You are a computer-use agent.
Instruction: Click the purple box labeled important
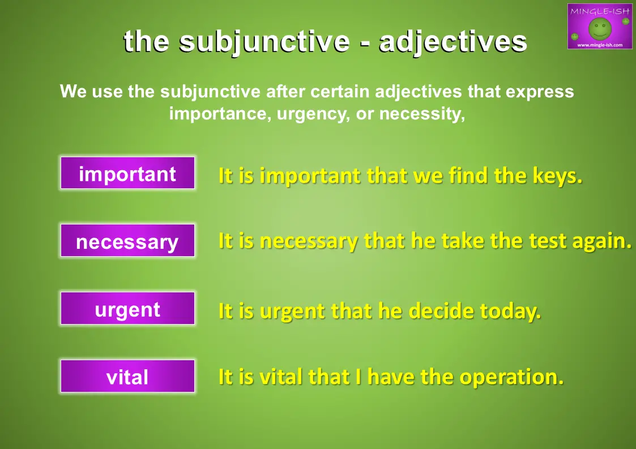pyautogui.click(x=127, y=173)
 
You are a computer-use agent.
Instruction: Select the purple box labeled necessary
pyautogui.click(x=127, y=240)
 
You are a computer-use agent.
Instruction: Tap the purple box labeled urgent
pyautogui.click(x=127, y=308)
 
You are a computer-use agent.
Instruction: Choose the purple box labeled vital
pyautogui.click(x=127, y=376)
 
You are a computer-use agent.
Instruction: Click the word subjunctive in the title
pyautogui.click(x=264, y=42)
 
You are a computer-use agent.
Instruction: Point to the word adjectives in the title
pyautogui.click(x=453, y=42)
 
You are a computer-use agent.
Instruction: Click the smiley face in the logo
pyautogui.click(x=600, y=28)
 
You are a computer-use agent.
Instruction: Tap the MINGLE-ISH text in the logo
pyautogui.click(x=600, y=11)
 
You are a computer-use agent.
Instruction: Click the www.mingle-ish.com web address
pyautogui.click(x=600, y=45)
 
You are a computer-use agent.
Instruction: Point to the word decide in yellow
pyautogui.click(x=441, y=311)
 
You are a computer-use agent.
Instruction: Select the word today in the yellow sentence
pyautogui.click(x=510, y=312)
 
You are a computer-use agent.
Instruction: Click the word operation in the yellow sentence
pyautogui.click(x=511, y=377)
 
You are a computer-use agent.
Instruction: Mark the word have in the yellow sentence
pyautogui.click(x=391, y=377)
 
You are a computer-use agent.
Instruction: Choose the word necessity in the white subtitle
pyautogui.click(x=422, y=114)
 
